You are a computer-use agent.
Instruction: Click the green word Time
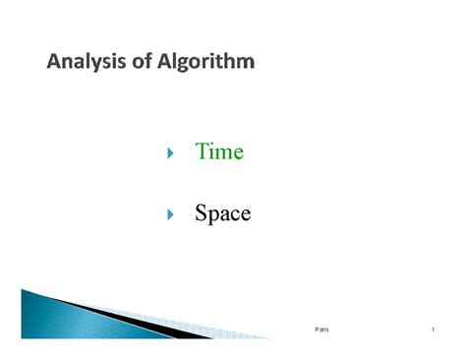point(219,152)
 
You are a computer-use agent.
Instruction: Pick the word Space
point(222,212)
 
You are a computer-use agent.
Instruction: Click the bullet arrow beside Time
point(170,153)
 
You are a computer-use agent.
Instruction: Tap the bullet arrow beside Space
point(170,213)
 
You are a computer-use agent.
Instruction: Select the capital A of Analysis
point(54,63)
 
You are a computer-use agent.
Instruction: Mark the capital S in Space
point(201,212)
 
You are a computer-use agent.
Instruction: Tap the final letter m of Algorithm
point(245,64)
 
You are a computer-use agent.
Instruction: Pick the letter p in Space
point(214,215)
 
